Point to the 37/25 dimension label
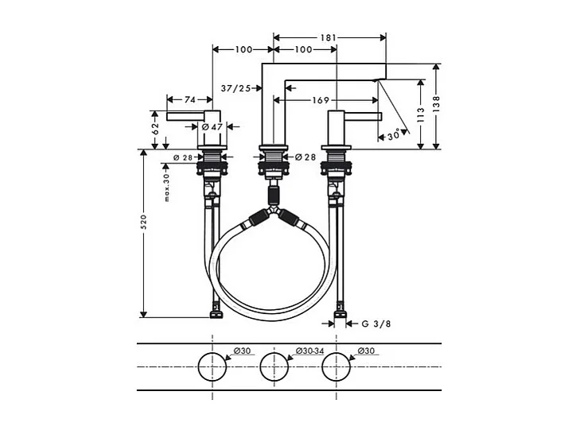pyautogui.click(x=235, y=88)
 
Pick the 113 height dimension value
pyautogui.click(x=419, y=114)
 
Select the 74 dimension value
pyautogui.click(x=189, y=100)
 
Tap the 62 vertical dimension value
pyautogui.click(x=156, y=127)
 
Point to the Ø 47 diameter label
pyautogui.click(x=211, y=126)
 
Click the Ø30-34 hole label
pyautogui.click(x=309, y=351)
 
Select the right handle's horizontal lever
pyautogui.click(x=363, y=117)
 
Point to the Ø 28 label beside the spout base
pyautogui.click(x=305, y=157)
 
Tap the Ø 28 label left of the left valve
pyautogui.click(x=183, y=157)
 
